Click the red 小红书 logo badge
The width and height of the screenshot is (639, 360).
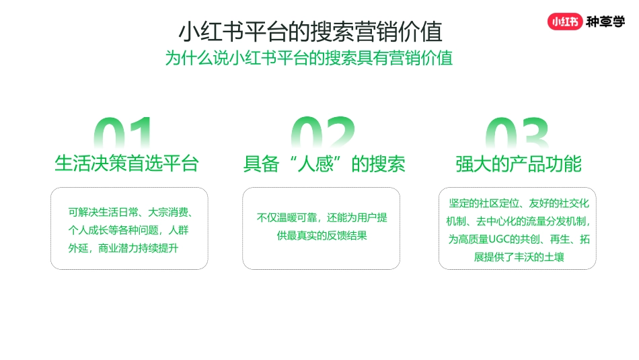(564, 21)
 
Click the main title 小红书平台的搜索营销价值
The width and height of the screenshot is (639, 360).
(310, 32)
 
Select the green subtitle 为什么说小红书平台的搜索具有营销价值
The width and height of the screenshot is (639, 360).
(309, 58)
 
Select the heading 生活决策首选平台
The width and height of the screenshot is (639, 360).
(126, 164)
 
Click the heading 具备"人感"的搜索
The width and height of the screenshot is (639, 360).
(324, 164)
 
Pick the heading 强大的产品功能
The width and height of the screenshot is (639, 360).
(518, 164)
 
